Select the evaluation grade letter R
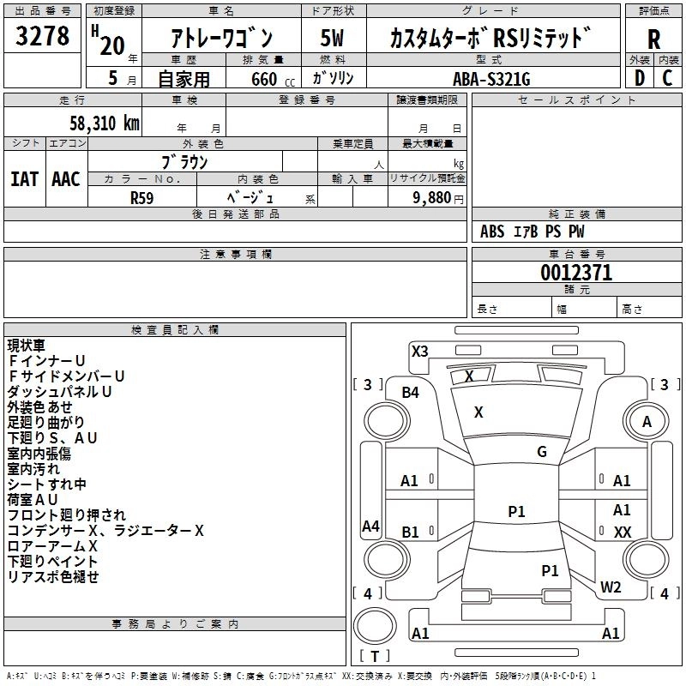653,40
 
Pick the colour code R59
143,197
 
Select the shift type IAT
24,178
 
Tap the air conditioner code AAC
65,178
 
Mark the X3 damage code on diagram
419,351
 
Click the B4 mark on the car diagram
411,393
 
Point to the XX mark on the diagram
623,532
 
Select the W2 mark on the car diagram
611,587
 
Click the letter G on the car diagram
542,452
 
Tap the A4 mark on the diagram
370,527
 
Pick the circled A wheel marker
647,421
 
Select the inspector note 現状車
27,346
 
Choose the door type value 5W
332,39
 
